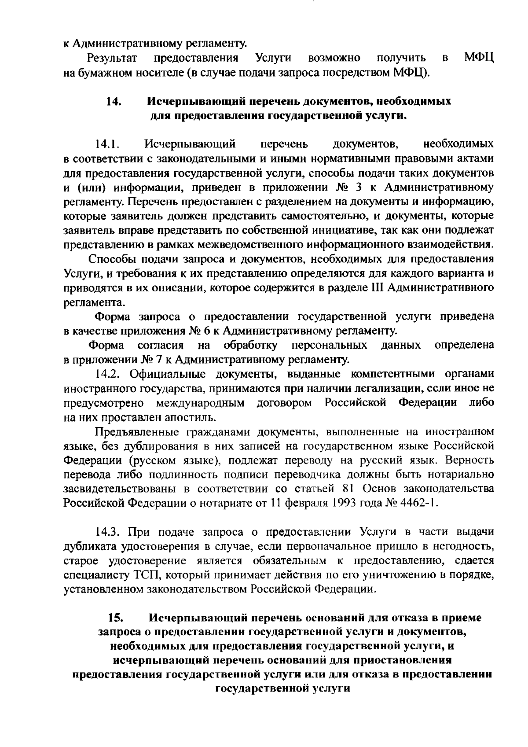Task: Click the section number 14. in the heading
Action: [114, 102]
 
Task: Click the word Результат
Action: [113, 58]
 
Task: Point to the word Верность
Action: [469, 460]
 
